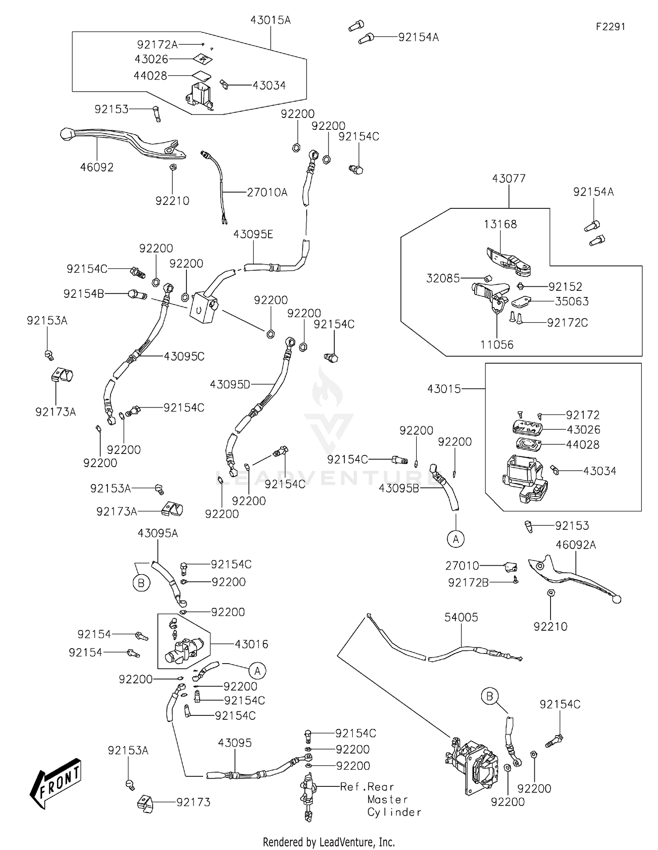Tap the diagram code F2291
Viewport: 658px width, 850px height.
point(610,27)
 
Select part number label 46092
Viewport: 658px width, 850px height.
point(97,167)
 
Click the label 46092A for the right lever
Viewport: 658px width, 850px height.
point(576,545)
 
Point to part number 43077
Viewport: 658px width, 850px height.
point(508,179)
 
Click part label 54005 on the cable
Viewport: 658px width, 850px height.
point(461,617)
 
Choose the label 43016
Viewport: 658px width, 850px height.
point(251,644)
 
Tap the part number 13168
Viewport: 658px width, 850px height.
point(500,224)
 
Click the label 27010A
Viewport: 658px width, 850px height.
point(267,192)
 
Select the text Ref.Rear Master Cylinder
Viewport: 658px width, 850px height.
point(381,799)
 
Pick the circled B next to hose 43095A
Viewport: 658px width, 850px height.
point(141,583)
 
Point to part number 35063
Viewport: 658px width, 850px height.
point(572,301)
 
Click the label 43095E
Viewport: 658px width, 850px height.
point(253,234)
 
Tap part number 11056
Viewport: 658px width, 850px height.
point(497,345)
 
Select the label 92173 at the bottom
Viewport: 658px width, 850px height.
point(193,802)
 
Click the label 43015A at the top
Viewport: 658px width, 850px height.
point(270,20)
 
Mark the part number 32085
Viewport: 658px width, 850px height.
point(443,278)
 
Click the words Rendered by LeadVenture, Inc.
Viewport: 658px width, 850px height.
point(329,842)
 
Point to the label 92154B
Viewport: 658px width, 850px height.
point(84,293)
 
